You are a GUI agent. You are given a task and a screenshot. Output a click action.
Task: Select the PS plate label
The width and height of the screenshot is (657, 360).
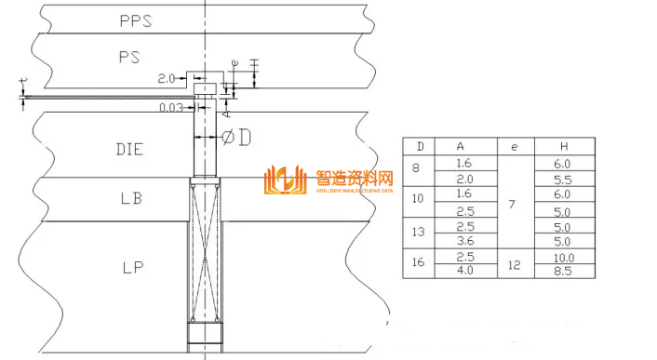coord(129,57)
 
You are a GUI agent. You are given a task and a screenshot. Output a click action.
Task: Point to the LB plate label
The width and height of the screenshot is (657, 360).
coord(131,198)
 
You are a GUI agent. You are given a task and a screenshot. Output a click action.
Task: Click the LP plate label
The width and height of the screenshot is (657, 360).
coord(131,268)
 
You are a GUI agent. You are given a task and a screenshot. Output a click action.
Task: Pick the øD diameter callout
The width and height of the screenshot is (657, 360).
coord(236,138)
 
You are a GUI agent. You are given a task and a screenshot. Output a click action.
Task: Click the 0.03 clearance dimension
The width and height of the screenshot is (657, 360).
coord(170,108)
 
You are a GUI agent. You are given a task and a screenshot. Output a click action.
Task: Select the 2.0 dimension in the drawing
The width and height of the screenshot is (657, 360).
coord(168,79)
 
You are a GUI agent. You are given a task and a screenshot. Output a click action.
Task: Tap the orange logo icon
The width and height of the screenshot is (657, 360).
coord(285,180)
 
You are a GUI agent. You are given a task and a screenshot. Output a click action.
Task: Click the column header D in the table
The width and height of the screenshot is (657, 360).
coord(421,147)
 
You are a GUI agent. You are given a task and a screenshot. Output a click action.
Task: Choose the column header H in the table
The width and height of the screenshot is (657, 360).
coord(564,147)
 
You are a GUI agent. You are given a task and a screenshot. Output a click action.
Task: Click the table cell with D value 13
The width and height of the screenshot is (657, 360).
coord(419,233)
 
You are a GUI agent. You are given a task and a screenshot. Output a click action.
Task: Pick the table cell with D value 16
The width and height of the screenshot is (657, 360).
coord(419,263)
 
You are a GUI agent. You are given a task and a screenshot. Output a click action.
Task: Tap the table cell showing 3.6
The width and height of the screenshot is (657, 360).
coord(464,241)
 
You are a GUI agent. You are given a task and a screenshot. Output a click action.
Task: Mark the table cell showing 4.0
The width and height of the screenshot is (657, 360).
coord(464,271)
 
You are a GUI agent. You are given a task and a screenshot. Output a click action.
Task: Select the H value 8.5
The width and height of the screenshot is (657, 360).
coord(564,271)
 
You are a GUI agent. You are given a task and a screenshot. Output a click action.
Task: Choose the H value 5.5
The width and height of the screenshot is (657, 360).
coord(564,179)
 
